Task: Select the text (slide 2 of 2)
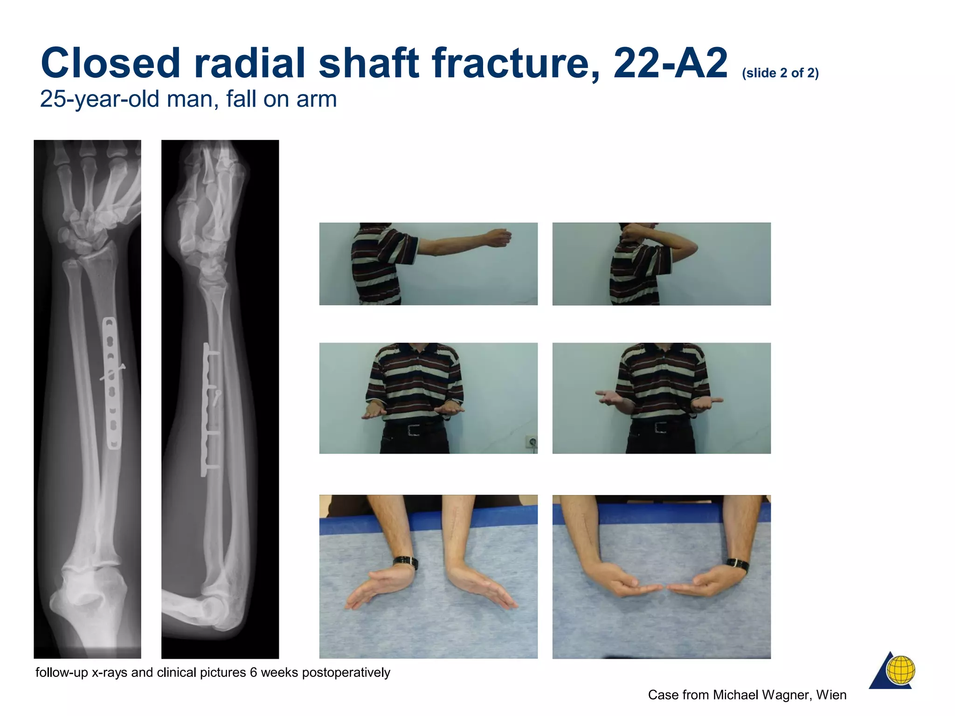tap(780, 73)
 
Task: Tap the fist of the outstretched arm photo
tap(498, 237)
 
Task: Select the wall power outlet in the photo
tap(532, 441)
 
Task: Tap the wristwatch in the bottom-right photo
tap(738, 565)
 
